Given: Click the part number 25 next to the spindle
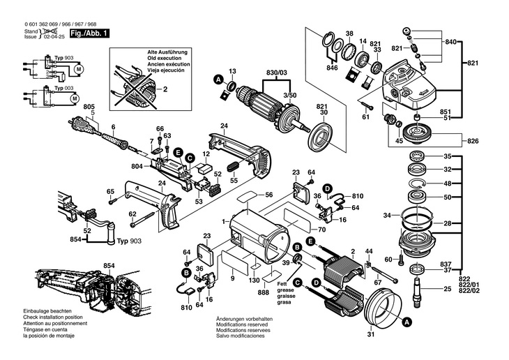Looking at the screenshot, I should coord(447,287).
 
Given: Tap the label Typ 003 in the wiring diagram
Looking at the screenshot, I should coord(64,87).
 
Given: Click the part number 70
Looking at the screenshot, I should coord(322,230).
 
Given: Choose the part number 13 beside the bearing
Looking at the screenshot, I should coord(233,70).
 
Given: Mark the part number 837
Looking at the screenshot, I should coord(447,263).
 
